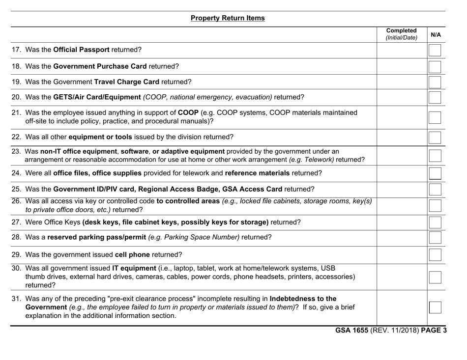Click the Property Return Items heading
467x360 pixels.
pyautogui.click(x=228, y=18)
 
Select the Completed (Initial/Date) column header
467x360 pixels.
pyautogui.click(x=401, y=33)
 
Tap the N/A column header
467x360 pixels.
pyautogui.click(x=436, y=35)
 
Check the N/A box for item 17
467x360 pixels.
pyautogui.click(x=435, y=50)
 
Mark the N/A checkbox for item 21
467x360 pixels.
pyautogui.click(x=435, y=117)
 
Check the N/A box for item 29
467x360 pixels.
pyautogui.click(x=435, y=254)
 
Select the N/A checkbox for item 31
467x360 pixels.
pyautogui.click(x=435, y=307)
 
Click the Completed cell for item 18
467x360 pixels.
pyautogui.click(x=401, y=66)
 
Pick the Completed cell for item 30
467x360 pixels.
pyautogui.click(x=401, y=277)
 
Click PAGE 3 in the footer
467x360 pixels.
pyautogui.click(x=434, y=330)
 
